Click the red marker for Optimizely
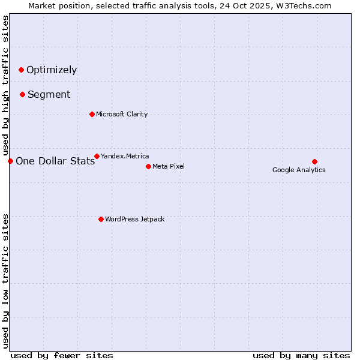point(21,70)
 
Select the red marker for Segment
point(22,94)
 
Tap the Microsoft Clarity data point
point(92,114)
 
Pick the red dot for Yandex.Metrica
point(97,156)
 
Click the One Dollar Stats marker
point(10,161)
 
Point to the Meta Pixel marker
point(148,166)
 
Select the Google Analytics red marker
point(314,161)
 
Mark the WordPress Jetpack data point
point(101,219)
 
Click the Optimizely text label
point(52,70)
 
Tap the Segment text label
point(49,95)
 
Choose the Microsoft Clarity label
point(122,114)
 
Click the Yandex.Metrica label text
point(125,156)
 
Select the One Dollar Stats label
point(55,161)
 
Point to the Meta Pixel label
point(169,166)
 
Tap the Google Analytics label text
point(299,170)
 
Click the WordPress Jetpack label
point(134,219)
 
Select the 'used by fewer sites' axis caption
point(62,355)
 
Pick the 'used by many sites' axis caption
point(301,355)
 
